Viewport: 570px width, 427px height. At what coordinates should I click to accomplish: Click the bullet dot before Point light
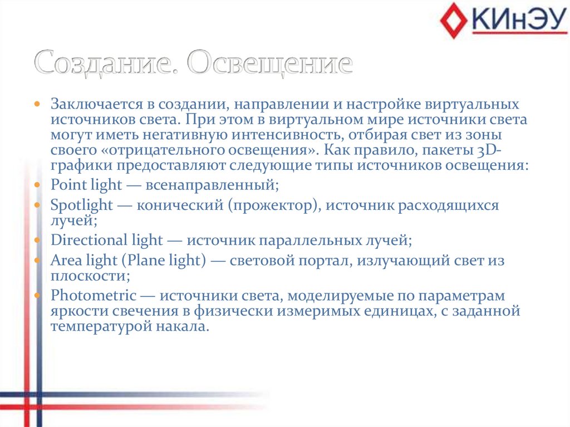click(37, 184)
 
